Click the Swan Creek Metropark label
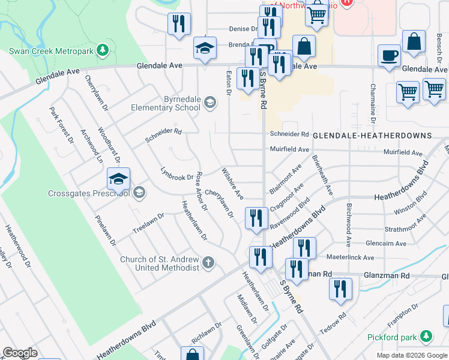(51, 50)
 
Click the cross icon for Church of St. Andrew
(208, 262)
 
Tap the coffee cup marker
(389, 56)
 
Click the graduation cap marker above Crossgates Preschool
(118, 179)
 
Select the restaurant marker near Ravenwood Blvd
(256, 218)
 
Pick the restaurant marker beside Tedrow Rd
(340, 289)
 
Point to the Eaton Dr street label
(228, 82)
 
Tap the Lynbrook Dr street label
(177, 174)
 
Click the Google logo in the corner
(20, 353)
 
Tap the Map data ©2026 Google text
(411, 355)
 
